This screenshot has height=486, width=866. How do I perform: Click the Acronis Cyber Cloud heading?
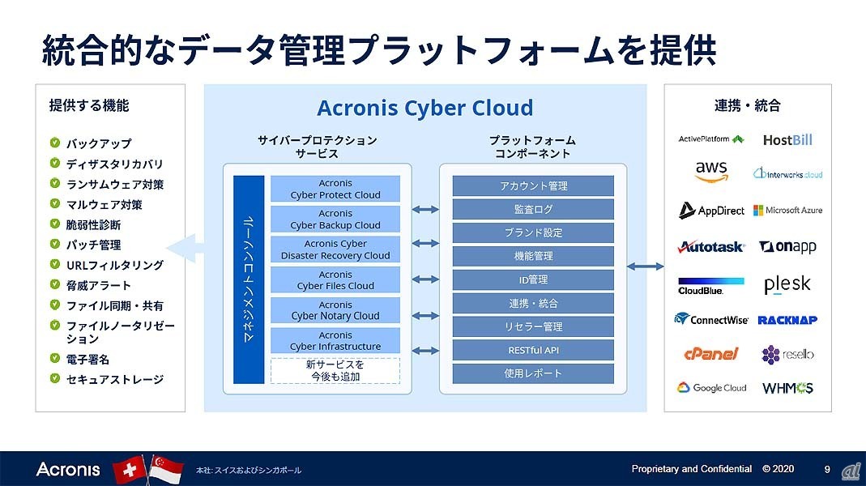pos(424,108)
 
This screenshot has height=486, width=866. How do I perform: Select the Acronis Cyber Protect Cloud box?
pos(335,189)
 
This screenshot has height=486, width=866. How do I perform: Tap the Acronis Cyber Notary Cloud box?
pos(335,310)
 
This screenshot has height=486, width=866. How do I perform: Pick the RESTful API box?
pos(532,350)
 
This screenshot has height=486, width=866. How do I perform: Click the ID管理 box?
pos(532,279)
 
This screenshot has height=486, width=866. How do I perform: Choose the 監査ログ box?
pos(532,209)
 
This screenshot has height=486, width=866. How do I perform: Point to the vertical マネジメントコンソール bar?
pos(249,279)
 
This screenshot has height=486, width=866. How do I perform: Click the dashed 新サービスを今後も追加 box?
pos(335,370)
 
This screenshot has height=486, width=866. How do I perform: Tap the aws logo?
pos(710,172)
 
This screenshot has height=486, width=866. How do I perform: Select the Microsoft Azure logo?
pos(787,211)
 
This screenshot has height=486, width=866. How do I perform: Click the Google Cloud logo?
pos(711,388)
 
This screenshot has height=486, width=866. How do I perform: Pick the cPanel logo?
pos(711,354)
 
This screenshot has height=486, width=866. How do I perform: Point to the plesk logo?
pos(787,285)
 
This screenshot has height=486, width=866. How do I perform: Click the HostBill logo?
pos(787,140)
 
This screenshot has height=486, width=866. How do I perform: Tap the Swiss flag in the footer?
pos(128,470)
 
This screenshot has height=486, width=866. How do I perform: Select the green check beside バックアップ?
pos(54,143)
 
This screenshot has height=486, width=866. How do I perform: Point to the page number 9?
pos(827,469)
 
